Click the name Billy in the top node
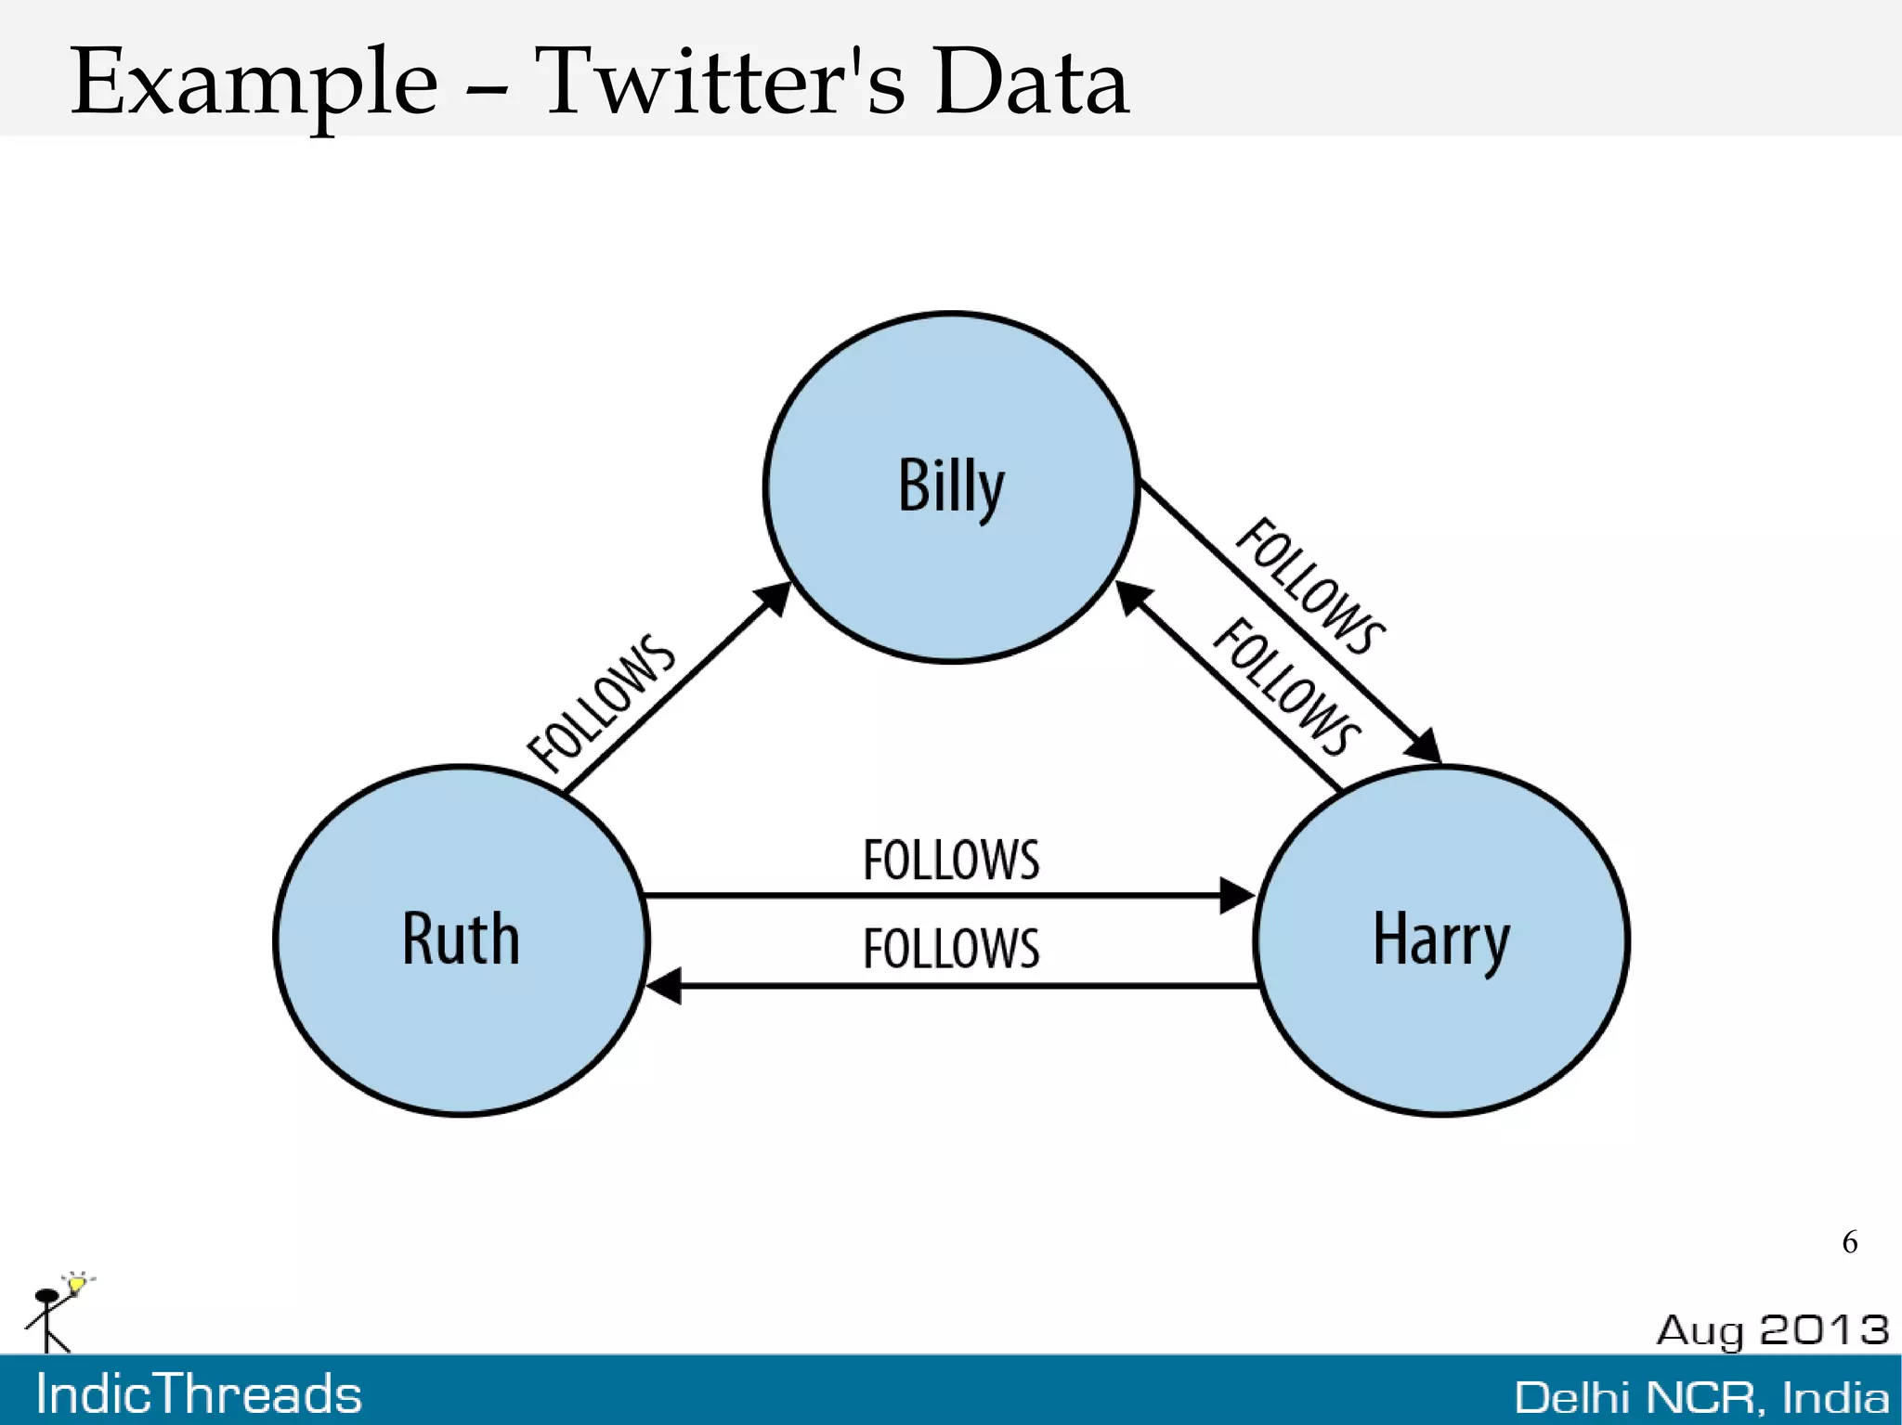(951, 486)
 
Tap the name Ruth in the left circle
(461, 939)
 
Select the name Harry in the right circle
(1441, 939)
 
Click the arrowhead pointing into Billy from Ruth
(775, 598)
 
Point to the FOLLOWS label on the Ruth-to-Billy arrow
(601, 703)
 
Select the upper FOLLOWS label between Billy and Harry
(1310, 586)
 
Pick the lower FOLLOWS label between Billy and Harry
(1287, 686)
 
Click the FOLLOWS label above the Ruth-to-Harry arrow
(951, 860)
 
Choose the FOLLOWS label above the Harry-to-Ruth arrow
(951, 949)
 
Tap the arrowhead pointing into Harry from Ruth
(1237, 896)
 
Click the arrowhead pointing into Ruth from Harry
(663, 985)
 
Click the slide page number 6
(1849, 1242)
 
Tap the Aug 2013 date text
(1772, 1330)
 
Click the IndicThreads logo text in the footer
(199, 1394)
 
